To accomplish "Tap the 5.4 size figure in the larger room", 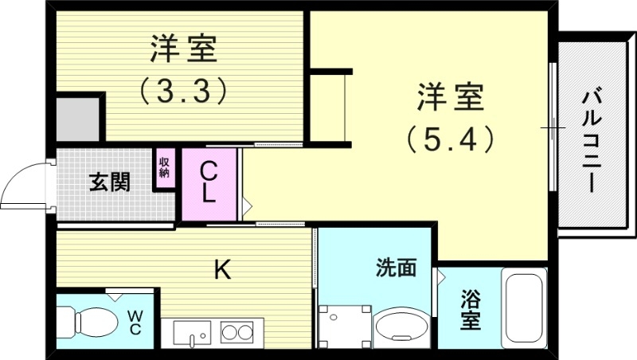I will (451, 139).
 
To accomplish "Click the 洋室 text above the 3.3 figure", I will (184, 49).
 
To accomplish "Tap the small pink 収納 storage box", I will (165, 168).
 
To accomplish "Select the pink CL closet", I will (209, 183).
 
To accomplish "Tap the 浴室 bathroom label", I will (471, 311).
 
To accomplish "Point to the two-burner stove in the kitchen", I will (236, 331).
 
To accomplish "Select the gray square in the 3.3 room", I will (78, 119).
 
